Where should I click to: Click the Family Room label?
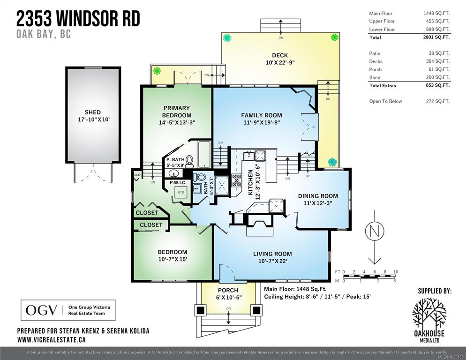[262, 115]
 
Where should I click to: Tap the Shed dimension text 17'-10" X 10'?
[93, 120]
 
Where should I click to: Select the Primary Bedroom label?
[177, 112]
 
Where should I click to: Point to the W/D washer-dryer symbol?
[180, 192]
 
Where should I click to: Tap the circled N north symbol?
[375, 231]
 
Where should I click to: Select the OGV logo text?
[41, 310]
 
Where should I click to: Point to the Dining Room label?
[318, 196]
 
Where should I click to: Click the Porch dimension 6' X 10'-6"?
[228, 297]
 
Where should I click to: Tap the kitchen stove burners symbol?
[237, 180]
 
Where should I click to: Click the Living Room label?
[272, 254]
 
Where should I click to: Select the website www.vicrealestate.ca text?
[52, 339]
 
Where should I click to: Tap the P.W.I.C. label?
[178, 182]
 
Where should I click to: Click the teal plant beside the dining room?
[332, 162]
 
